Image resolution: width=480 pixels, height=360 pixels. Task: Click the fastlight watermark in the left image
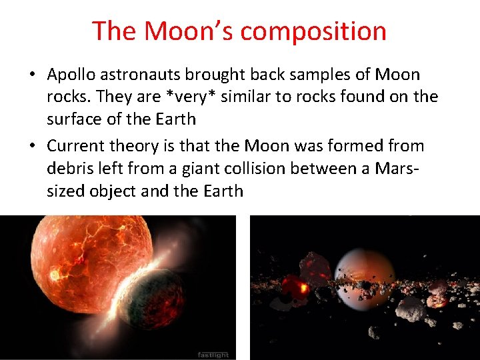coord(213,354)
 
